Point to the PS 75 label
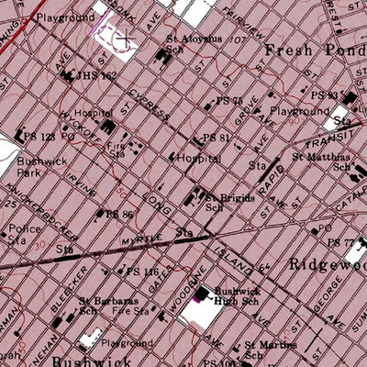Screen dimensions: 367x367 pos(228,101)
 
